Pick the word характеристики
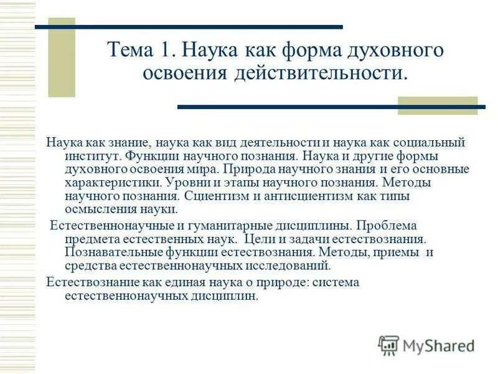tap(113, 183)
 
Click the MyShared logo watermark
tap(426, 345)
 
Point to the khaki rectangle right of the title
tap(438, 105)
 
